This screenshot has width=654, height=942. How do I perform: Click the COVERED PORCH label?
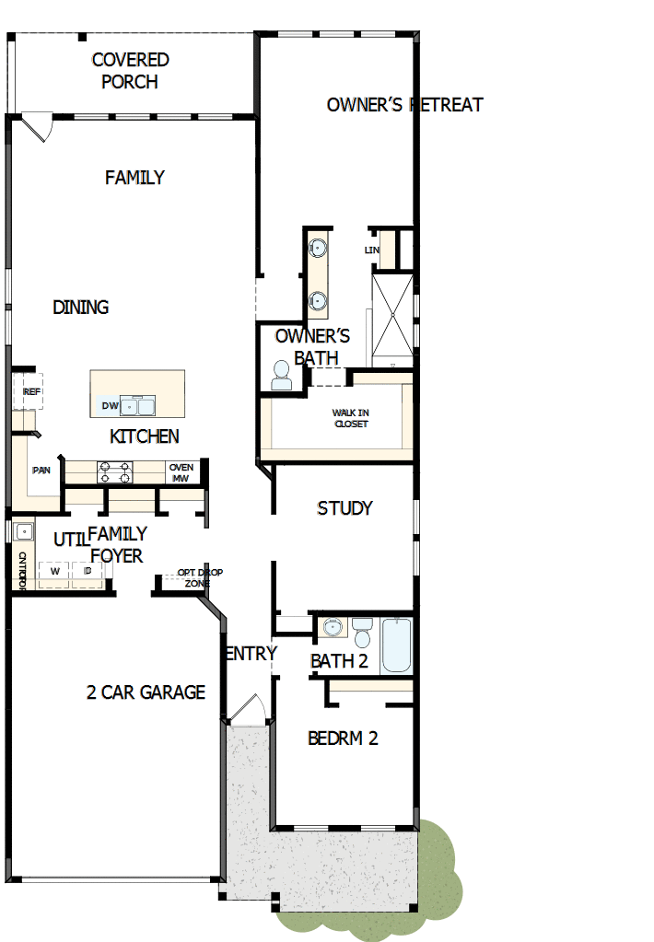(130, 71)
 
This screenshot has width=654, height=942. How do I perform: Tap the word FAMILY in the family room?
(134, 178)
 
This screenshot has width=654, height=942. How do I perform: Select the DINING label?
(81, 308)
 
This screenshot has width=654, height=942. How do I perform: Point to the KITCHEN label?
(145, 436)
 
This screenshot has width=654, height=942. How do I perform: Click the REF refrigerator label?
(32, 392)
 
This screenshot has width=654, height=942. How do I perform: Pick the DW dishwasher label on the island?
(109, 406)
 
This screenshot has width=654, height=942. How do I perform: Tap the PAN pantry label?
(41, 471)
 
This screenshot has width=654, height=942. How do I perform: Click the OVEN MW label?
(181, 472)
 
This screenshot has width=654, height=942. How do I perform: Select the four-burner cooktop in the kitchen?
(115, 472)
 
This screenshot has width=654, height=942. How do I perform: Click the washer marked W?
(55, 572)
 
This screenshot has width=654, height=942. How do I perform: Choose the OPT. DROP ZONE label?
(200, 577)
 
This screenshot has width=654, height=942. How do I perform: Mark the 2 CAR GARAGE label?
(146, 692)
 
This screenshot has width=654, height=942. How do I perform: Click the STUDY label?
(345, 508)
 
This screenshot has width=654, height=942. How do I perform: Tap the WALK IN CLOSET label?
(350, 418)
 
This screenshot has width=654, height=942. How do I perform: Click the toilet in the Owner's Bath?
(280, 374)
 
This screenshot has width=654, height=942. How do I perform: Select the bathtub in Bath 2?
(397, 645)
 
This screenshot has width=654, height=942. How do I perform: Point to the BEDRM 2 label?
(343, 738)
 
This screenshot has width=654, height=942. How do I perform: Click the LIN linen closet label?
(372, 250)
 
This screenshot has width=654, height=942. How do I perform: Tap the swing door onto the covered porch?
(38, 126)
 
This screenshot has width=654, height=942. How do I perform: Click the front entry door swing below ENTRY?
(246, 707)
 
